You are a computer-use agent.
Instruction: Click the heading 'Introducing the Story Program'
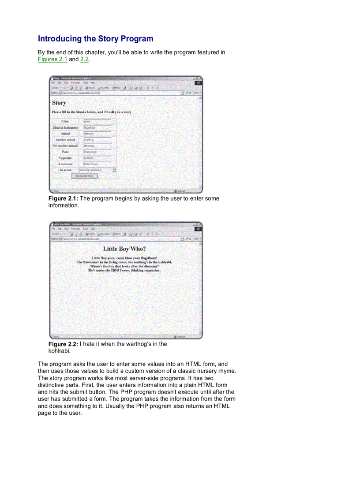[x=95, y=39]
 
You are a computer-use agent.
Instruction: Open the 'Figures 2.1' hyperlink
[x=52, y=59]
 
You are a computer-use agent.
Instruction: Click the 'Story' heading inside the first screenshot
[x=59, y=103]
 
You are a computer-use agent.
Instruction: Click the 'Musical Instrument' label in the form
[x=65, y=127]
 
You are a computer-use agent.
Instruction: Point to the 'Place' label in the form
[x=65, y=152]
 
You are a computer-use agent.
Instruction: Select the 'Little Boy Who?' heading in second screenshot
[x=124, y=249]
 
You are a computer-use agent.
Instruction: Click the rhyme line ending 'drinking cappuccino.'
[x=124, y=270]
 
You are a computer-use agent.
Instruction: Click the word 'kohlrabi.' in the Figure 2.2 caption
[x=60, y=351]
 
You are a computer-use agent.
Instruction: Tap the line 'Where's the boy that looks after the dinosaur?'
[x=124, y=266]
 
